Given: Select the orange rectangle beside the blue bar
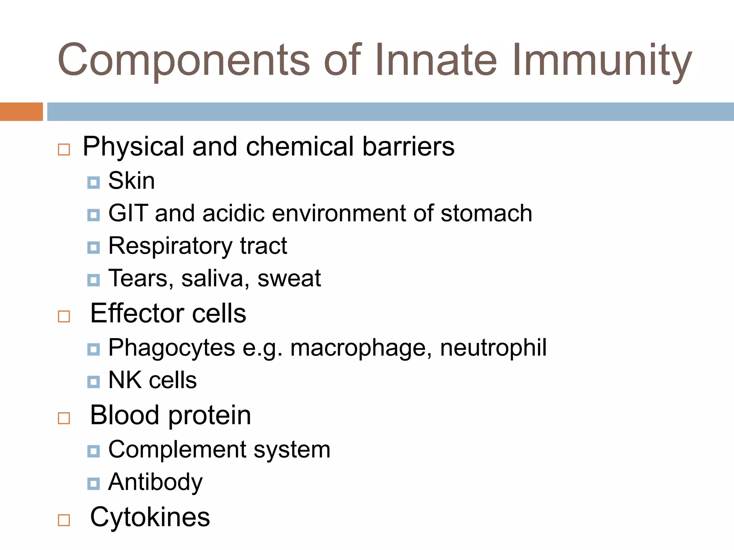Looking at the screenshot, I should coord(21,111).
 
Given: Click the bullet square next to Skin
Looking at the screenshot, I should coord(94,183).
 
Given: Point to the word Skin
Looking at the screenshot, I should coord(132,180).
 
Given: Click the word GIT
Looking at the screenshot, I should coord(128,213).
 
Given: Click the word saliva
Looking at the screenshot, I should coord(213,278).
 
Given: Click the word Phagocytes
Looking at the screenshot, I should coord(172,348).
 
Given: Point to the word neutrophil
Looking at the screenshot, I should coord(493,347).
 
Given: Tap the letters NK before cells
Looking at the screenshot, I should coord(125,380).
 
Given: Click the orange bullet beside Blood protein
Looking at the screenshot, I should coord(64,418).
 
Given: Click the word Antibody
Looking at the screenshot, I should coord(155,483).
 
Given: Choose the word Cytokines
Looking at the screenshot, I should coord(150,517).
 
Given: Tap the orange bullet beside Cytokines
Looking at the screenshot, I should coord(64,520).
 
